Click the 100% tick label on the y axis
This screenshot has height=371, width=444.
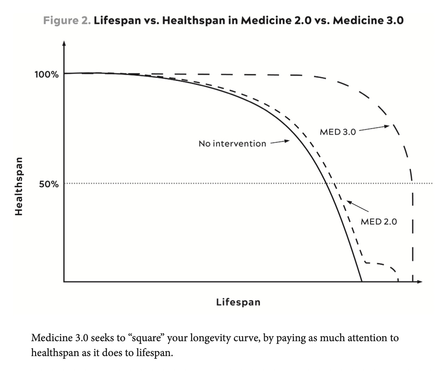[47, 75]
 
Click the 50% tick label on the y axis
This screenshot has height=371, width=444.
[49, 184]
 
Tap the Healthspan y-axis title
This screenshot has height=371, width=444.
[19, 186]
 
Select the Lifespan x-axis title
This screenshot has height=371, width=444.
[238, 302]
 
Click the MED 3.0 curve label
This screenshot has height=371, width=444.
[338, 132]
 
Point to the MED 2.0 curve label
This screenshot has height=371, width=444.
[379, 222]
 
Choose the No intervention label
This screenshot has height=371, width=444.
[232, 144]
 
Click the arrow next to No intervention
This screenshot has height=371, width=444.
[280, 141]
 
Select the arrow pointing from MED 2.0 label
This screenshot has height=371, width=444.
[357, 206]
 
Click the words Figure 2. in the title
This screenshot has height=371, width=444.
[67, 20]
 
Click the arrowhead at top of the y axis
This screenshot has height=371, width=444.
[64, 43]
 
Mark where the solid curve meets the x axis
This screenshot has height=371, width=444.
[362, 281]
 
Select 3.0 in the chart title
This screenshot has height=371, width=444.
[395, 20]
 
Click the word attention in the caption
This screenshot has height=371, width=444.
[358, 338]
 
